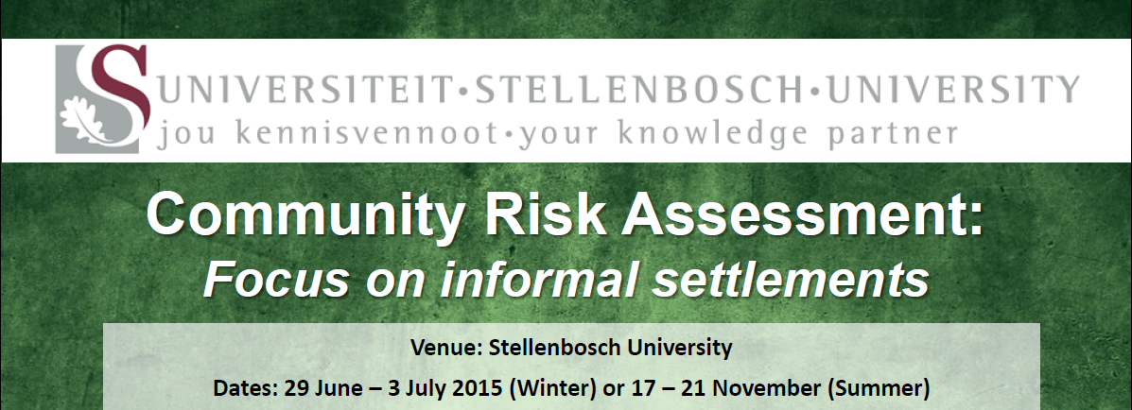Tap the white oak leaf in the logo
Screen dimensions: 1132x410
pos(84,122)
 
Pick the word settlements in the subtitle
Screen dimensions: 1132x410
pos(790,282)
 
